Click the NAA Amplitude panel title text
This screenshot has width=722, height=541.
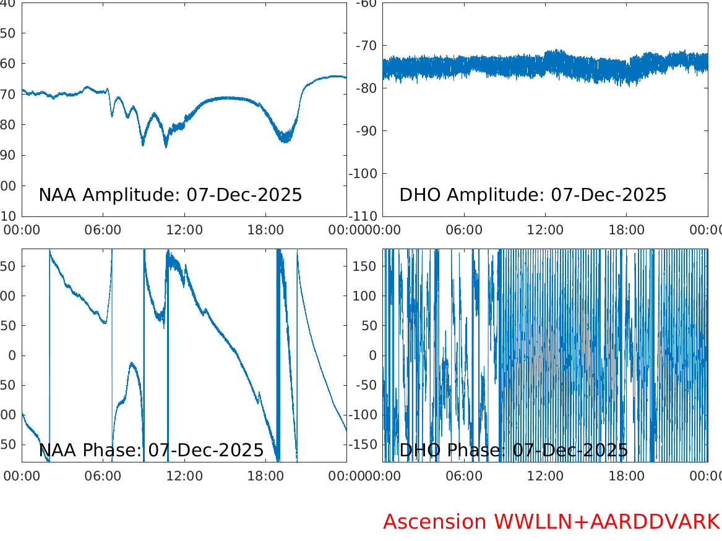pos(170,195)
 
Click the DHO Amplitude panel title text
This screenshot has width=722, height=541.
pos(533,195)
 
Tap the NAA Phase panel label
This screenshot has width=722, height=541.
pos(152,450)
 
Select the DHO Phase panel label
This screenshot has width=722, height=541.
pos(514,450)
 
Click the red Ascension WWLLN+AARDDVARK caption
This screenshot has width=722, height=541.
pos(551,522)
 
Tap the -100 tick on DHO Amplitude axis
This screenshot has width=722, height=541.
pos(364,173)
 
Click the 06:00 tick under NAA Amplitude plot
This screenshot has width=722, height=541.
pos(103,230)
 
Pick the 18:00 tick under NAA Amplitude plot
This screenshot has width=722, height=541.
pos(265,230)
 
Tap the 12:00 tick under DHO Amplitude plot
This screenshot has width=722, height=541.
pos(545,230)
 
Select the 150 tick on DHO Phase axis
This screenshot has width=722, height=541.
pos(366,266)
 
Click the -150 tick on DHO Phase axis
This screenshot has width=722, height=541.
pos(364,444)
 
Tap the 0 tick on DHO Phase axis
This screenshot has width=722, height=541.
pos(373,356)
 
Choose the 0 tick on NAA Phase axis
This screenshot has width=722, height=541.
pos(12,356)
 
